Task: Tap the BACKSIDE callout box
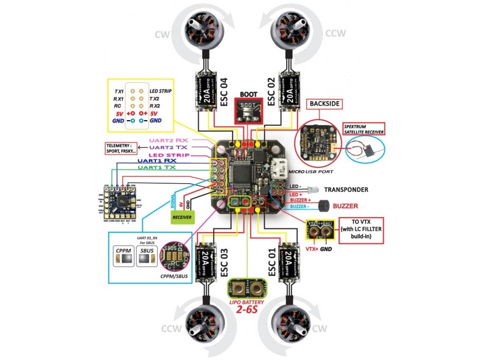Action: (x=325, y=103)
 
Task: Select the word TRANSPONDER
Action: (x=346, y=190)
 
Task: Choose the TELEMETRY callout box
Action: (x=120, y=148)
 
